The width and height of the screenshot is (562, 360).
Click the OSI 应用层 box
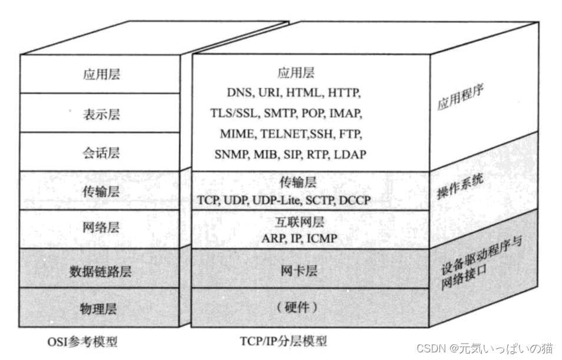point(100,74)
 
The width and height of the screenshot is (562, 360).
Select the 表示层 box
point(100,114)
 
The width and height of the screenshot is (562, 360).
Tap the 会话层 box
point(100,153)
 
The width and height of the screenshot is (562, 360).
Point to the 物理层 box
point(100,308)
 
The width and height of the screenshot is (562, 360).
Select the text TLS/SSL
point(234,113)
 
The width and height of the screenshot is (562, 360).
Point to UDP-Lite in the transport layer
point(277,200)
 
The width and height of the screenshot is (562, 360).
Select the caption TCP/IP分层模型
point(283,341)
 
